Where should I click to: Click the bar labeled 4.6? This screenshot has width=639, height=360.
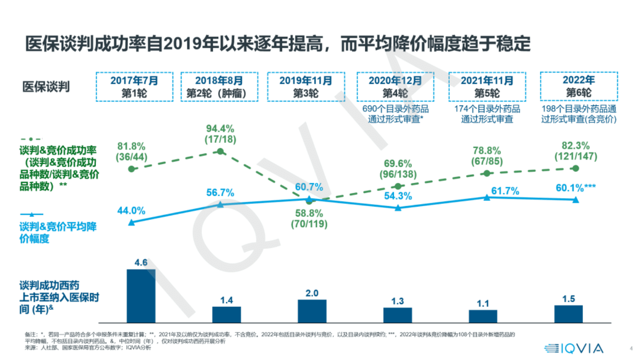pos(141,296)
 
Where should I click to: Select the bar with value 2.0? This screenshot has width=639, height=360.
pos(312,311)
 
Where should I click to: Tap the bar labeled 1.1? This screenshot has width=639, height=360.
pos(483,316)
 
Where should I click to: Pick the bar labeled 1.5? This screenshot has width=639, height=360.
pos(568,314)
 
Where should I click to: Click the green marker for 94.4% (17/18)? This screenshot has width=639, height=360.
pos(220,151)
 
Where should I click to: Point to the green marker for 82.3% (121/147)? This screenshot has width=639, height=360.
pos(576,168)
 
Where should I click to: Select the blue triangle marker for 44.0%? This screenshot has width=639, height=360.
pos(131,222)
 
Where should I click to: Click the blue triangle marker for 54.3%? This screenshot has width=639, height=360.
pos(398,208)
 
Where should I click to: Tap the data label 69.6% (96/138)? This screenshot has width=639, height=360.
pos(397,169)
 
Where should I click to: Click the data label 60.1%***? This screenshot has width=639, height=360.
pos(575,188)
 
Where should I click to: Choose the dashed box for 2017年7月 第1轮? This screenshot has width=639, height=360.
pos(134,87)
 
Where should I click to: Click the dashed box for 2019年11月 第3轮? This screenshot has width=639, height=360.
pos(306,87)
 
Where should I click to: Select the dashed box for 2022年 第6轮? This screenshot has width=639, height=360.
pos(579,86)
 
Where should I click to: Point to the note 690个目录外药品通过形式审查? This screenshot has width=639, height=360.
pos(395,114)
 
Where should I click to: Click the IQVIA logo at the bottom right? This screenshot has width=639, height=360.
pos(574,348)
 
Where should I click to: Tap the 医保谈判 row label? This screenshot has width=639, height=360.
pos(46,87)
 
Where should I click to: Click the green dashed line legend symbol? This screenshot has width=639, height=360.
pos(31,139)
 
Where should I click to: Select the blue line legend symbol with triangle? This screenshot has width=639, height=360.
pos(31,214)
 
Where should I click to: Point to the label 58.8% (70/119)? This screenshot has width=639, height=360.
pos(309,219)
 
